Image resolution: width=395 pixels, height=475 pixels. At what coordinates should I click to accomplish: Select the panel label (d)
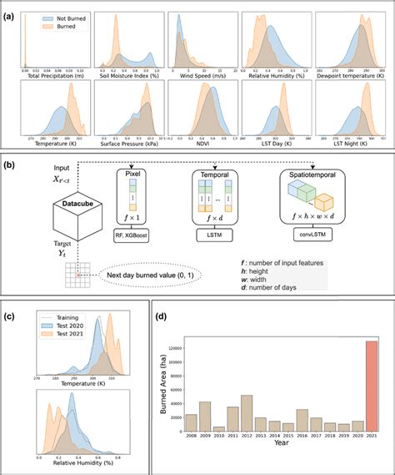point(161,317)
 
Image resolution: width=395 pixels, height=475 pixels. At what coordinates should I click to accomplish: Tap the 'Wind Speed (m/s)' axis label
point(199,77)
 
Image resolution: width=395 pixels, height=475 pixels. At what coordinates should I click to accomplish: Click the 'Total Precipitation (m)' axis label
point(52,77)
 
